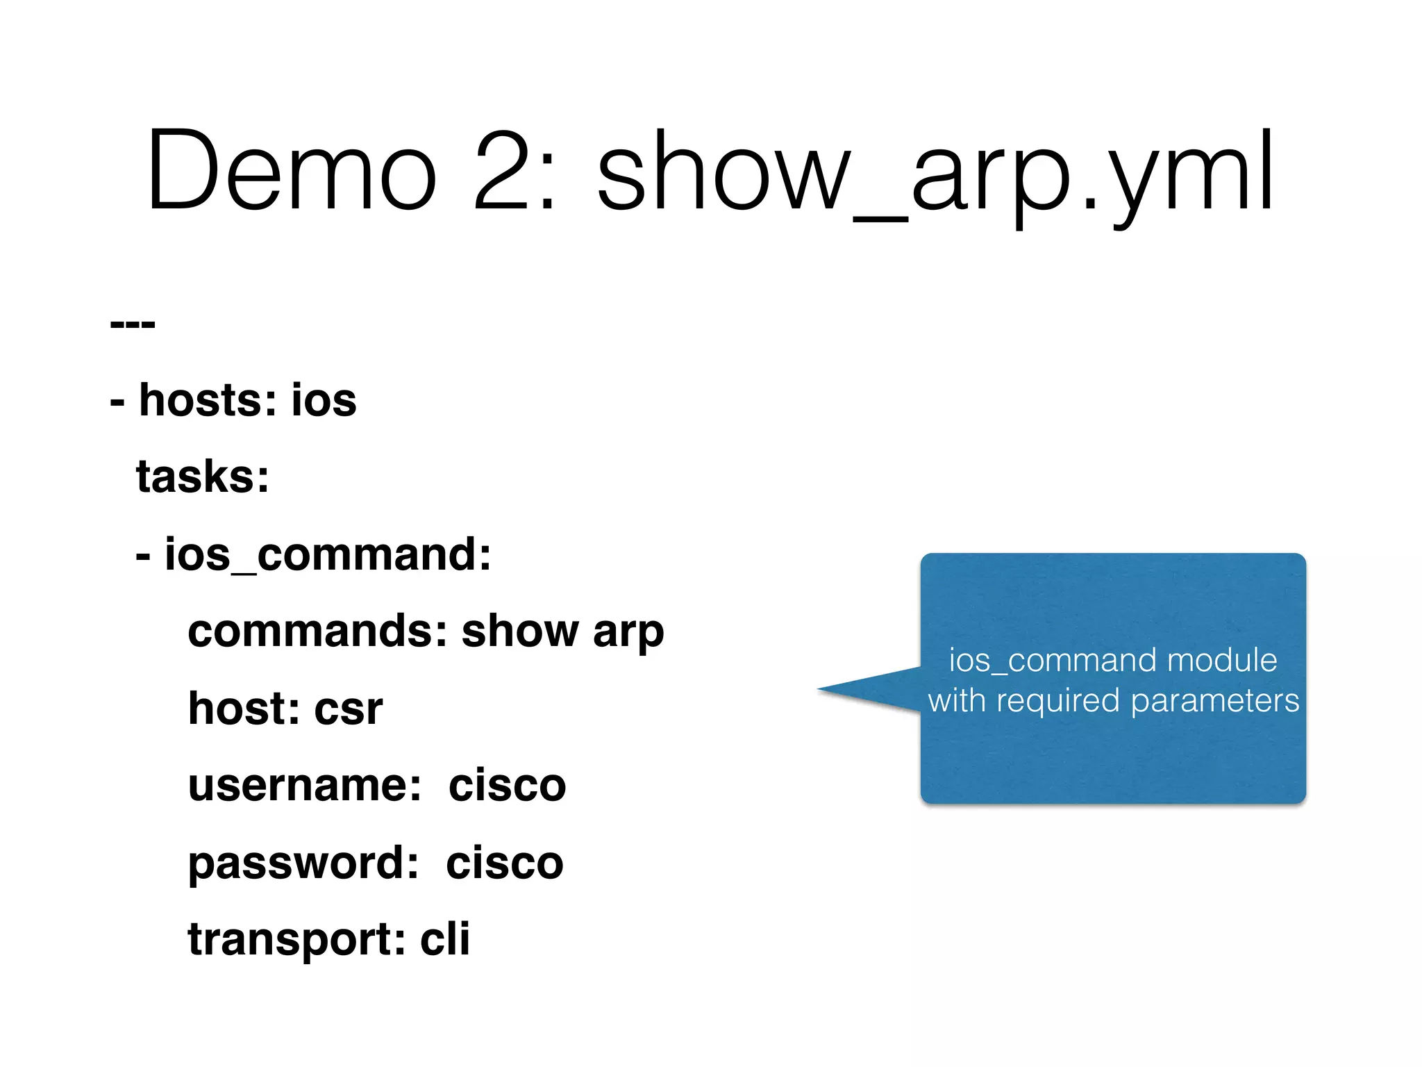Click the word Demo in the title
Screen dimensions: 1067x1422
[x=292, y=170]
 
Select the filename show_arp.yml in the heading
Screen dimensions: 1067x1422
[x=934, y=174]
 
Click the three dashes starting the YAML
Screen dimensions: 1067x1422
[x=133, y=324]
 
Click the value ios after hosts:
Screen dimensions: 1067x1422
[x=324, y=401]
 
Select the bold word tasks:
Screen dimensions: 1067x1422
[x=203, y=477]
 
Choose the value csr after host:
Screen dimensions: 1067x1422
[x=348, y=709]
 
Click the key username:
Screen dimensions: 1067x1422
[x=305, y=786]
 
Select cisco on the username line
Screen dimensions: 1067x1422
[x=508, y=786]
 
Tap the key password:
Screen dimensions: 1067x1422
[x=303, y=863]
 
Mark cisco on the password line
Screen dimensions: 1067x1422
[x=505, y=863]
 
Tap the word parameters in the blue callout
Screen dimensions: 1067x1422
[x=1214, y=701]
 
